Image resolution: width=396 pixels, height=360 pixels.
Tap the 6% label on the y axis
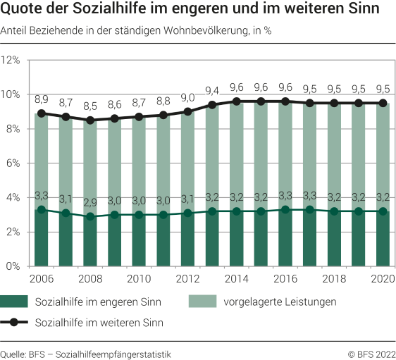(x=15, y=163)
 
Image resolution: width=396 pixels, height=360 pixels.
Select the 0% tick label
(x=15, y=266)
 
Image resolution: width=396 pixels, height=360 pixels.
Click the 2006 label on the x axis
(x=41, y=279)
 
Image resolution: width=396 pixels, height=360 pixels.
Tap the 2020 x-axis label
(x=381, y=279)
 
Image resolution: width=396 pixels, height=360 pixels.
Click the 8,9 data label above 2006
(x=41, y=99)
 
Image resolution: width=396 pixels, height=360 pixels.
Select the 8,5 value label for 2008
(x=89, y=106)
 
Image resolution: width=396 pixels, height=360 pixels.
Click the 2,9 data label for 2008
(x=89, y=202)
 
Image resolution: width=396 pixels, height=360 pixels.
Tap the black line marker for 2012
(x=187, y=111)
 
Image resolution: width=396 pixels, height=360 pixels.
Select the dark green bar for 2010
(x=138, y=240)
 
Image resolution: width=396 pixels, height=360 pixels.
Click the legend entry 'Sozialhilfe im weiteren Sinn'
(x=98, y=323)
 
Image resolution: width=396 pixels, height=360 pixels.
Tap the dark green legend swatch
(x=14, y=302)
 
